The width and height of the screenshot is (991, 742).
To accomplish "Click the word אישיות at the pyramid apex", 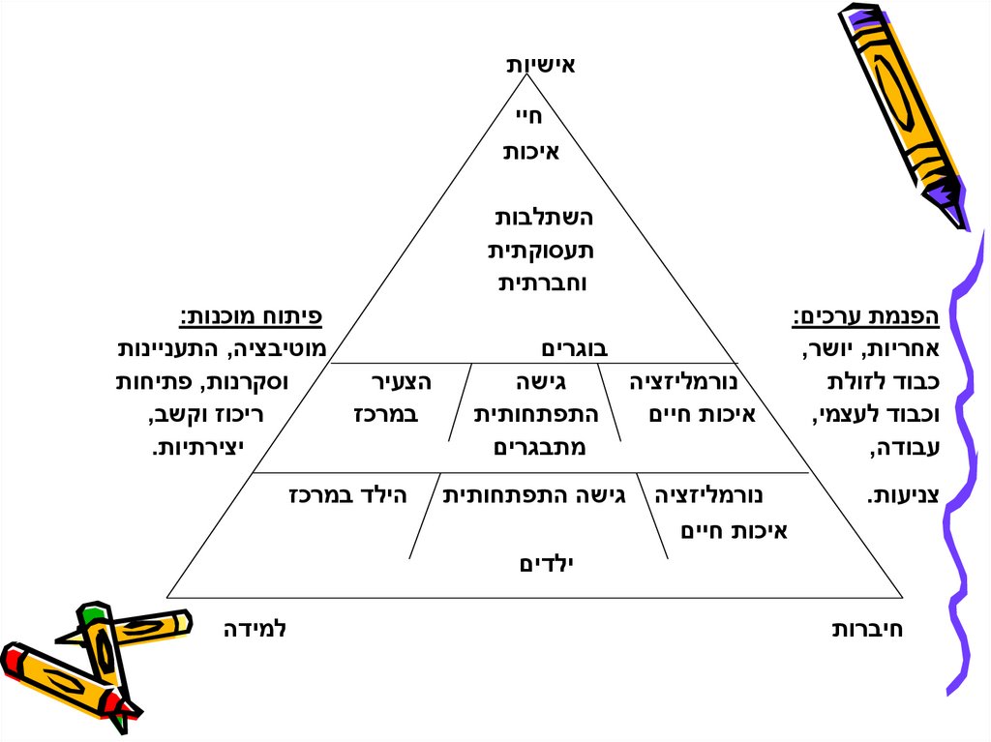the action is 541,66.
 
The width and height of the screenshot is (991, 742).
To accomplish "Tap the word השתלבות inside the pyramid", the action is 544,218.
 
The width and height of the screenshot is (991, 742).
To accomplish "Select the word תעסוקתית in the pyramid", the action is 540,251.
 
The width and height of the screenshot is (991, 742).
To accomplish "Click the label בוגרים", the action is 573,348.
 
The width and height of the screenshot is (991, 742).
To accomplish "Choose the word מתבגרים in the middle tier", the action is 540,447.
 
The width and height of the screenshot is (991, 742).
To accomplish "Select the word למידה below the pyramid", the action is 255,630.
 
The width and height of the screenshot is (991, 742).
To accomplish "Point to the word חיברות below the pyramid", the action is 868,630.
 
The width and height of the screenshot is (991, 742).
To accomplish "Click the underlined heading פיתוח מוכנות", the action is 251,316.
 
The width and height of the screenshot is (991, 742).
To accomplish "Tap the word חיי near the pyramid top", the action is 529,117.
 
